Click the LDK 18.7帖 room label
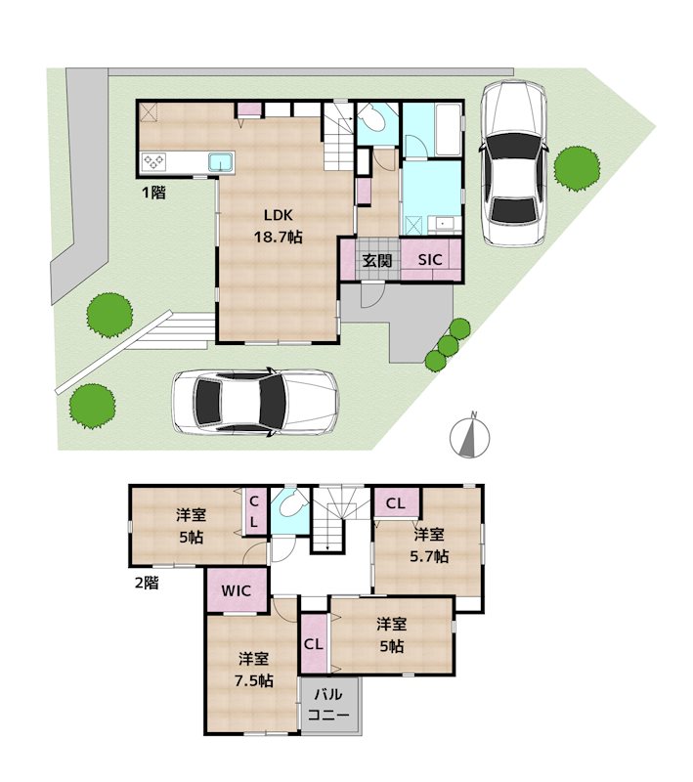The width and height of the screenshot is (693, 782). point(279,226)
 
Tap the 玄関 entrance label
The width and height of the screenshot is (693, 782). point(377,260)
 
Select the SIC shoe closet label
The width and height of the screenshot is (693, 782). point(430,259)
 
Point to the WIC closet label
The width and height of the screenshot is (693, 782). point(236,591)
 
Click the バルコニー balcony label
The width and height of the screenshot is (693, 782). point(328,704)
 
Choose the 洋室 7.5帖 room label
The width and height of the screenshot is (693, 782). point(254,670)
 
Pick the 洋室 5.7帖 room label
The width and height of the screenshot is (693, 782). point(429,545)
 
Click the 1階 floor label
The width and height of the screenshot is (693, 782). point(154,192)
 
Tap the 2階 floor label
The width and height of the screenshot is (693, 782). point(147,583)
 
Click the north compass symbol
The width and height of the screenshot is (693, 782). point(469,435)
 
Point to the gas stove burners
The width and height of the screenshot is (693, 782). point(153,161)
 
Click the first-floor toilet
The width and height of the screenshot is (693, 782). point(374,118)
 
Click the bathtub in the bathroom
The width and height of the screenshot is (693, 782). point(448,130)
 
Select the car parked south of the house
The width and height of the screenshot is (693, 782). point(255,401)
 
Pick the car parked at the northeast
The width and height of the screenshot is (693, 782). point(513,162)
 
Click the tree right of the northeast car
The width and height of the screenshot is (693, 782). point(577,168)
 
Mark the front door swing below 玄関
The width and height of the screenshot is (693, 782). point(372,295)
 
